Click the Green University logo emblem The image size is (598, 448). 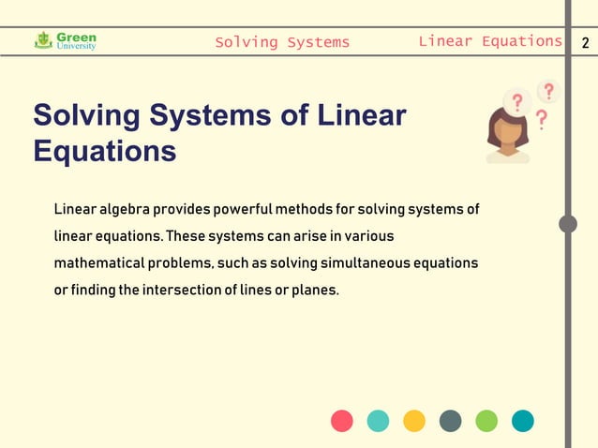[42, 40]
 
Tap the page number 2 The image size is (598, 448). [585, 42]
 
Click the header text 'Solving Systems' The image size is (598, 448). [282, 42]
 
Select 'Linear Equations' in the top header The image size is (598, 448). [489, 41]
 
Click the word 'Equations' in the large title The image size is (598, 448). [104, 151]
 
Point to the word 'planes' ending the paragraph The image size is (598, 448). [315, 291]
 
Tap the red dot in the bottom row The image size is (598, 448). [342, 421]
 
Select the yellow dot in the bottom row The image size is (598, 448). [414, 421]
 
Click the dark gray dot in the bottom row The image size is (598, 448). [450, 421]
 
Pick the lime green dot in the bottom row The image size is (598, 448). [486, 421]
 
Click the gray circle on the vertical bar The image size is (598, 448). [568, 224]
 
